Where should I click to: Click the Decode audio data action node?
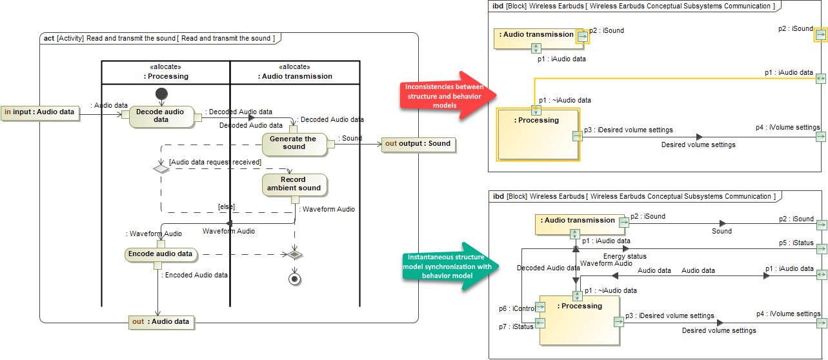pyautogui.click(x=161, y=115)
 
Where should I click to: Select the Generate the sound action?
pyautogui.click(x=294, y=143)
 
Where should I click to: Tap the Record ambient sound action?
pyautogui.click(x=294, y=184)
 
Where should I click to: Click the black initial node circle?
pyautogui.click(x=162, y=94)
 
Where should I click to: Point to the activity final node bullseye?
pyautogui.click(x=295, y=279)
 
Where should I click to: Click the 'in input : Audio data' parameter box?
pyautogui.click(x=40, y=113)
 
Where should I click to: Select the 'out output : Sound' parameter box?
pyautogui.click(x=418, y=144)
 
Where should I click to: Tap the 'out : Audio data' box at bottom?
pyautogui.click(x=161, y=322)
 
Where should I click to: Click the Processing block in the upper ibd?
pyautogui.click(x=537, y=134)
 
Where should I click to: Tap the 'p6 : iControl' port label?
pyautogui.click(x=517, y=308)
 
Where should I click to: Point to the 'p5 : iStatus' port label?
pyautogui.click(x=796, y=243)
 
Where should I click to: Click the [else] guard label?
pyautogui.click(x=225, y=206)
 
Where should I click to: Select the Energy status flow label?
pyautogui.click(x=625, y=257)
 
